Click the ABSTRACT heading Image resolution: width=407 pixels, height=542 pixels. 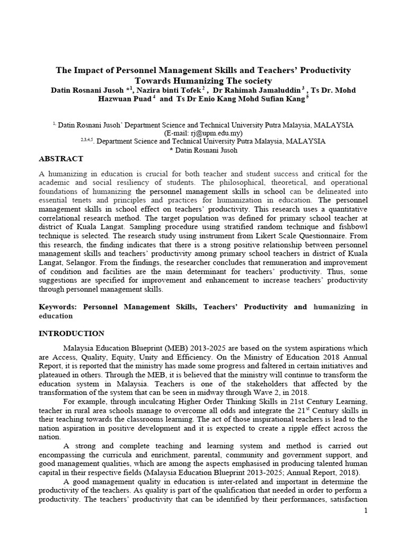coord(61,159)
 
